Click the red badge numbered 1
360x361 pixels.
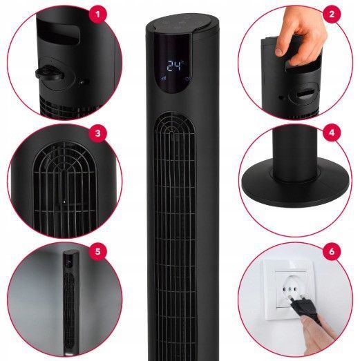(97, 14)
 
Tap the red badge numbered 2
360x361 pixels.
(332, 14)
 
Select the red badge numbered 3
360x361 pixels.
(97, 133)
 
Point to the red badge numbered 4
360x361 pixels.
(332, 133)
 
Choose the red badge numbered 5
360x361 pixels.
(97, 251)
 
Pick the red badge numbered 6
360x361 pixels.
(332, 251)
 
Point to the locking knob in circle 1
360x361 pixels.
(50, 72)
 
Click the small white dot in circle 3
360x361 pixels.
(64, 202)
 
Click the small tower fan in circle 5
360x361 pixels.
(70, 302)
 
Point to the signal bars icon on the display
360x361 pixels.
(163, 79)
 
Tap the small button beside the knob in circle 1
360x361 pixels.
(84, 82)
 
